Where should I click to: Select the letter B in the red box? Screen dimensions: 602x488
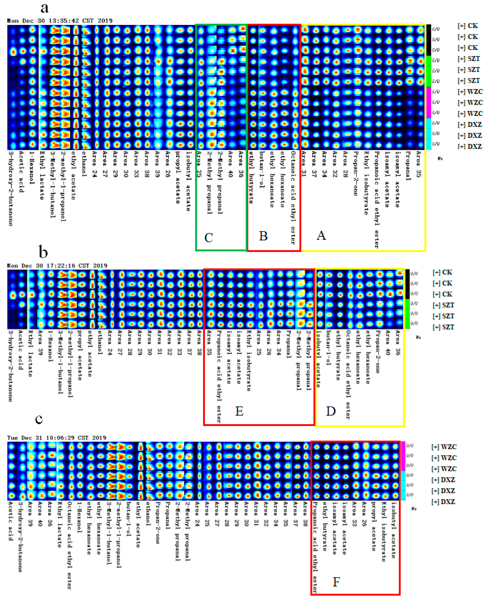coord(263,236)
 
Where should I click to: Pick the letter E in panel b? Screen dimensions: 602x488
coord(239,411)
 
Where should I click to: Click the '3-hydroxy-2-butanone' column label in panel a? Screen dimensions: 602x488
coord(11,188)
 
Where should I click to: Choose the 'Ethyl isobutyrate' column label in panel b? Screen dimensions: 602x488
coord(248,360)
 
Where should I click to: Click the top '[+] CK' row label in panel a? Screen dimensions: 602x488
coord(468,26)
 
